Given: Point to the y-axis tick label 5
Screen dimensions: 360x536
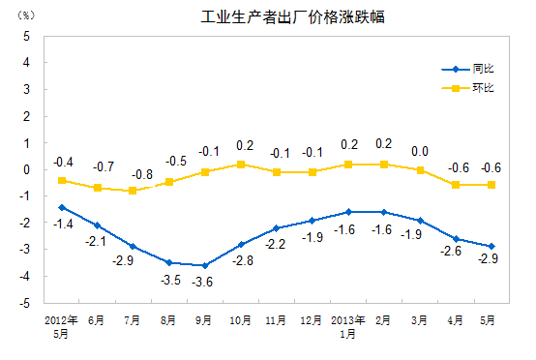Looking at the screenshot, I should click(26, 35).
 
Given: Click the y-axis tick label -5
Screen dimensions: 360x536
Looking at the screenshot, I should click(24, 303).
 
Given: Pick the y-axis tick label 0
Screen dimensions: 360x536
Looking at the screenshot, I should click(26, 169).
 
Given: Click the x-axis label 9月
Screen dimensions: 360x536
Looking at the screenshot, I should click(205, 318).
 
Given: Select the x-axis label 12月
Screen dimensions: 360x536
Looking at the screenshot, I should click(312, 318).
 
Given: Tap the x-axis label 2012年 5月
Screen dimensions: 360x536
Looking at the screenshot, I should click(62, 324).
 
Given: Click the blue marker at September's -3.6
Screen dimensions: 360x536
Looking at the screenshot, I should click(204, 265).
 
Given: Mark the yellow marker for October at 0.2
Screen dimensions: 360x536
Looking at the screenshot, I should click(241, 165).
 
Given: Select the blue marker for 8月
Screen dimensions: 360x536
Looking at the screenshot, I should click(168, 262).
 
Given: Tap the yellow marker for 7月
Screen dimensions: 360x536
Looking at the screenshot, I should click(134, 191).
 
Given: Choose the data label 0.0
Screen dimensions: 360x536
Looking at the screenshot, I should click(420, 151).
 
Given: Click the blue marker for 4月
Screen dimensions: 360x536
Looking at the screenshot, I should click(456, 238).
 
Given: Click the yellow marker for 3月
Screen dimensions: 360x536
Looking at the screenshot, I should click(420, 169).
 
